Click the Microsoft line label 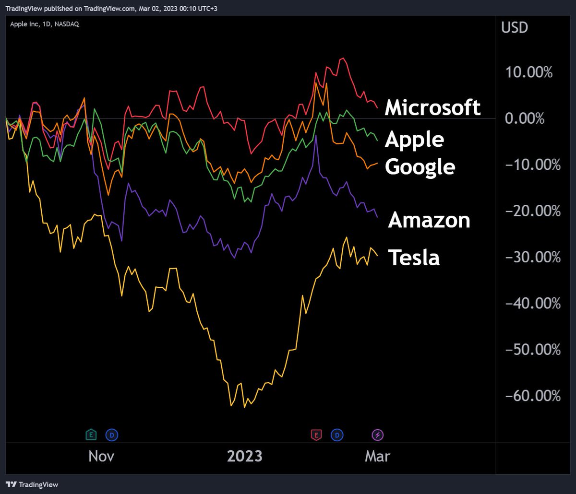(432, 107)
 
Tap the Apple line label (414, 139)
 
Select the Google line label (420, 166)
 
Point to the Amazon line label (429, 220)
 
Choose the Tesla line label (413, 258)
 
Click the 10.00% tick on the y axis (528, 72)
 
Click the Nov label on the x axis (101, 456)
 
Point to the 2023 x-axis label (245, 456)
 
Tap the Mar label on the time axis (378, 456)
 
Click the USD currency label (515, 27)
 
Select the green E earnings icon (90, 435)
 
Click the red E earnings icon (316, 435)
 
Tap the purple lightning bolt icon (378, 435)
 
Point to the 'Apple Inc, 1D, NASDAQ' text (45, 24)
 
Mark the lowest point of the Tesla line (244, 407)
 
